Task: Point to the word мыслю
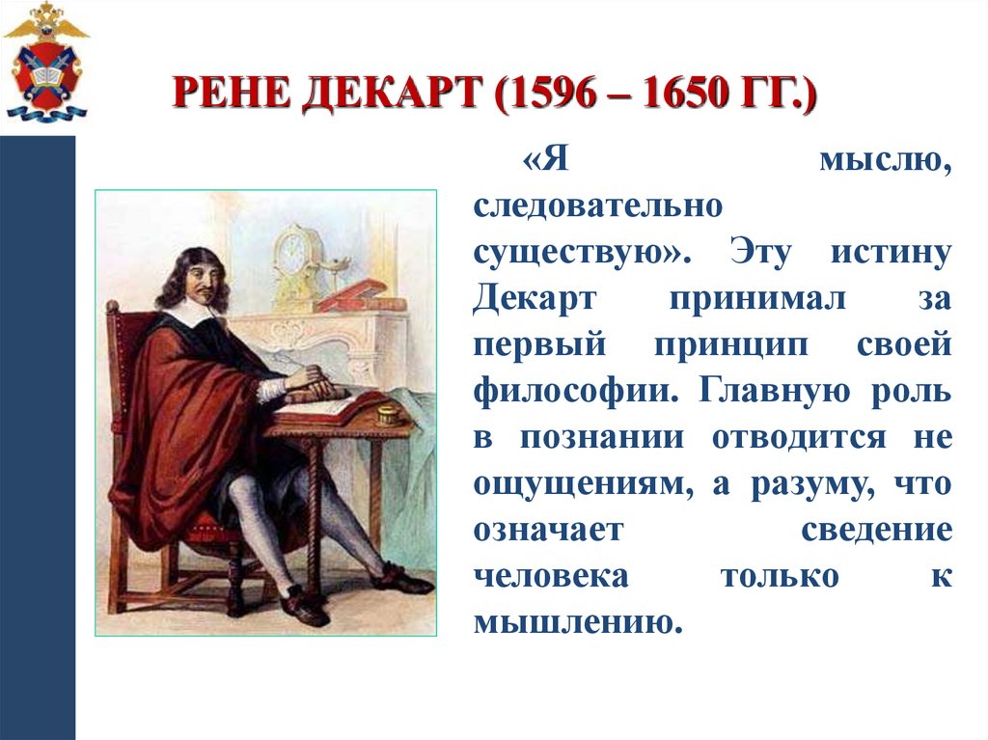click(x=886, y=160)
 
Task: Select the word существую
click(x=579, y=254)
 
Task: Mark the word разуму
click(x=803, y=483)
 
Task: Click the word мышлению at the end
click(x=573, y=620)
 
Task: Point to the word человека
click(x=551, y=575)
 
